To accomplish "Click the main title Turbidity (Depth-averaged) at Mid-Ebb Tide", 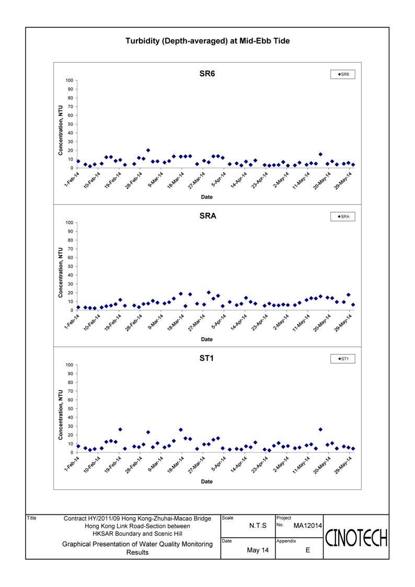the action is coord(208,41).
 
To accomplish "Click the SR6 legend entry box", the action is coord(343,74).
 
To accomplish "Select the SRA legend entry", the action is coord(343,216).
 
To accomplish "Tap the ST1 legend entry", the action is coord(343,359).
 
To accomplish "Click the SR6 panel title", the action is coord(208,74).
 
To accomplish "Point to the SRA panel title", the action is coord(208,216).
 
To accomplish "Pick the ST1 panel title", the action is coord(206,358).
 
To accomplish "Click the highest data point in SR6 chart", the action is coord(148,150).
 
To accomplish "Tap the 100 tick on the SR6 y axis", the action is coord(69,80).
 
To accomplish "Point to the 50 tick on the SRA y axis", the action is coord(71,267).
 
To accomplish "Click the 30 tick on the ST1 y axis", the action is coord(71,426).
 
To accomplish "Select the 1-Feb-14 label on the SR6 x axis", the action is coord(72,179).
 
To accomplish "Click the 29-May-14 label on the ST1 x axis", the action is coord(343,465).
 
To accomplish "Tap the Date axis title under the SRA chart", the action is coord(206,339).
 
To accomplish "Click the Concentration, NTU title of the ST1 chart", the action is coord(60,415).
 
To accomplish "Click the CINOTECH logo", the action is coord(356,538).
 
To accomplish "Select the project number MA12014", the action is coord(308,526).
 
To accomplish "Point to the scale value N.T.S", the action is coord(258,526).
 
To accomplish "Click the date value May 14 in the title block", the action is coord(258,550).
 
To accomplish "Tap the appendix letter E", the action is coord(308,550).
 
